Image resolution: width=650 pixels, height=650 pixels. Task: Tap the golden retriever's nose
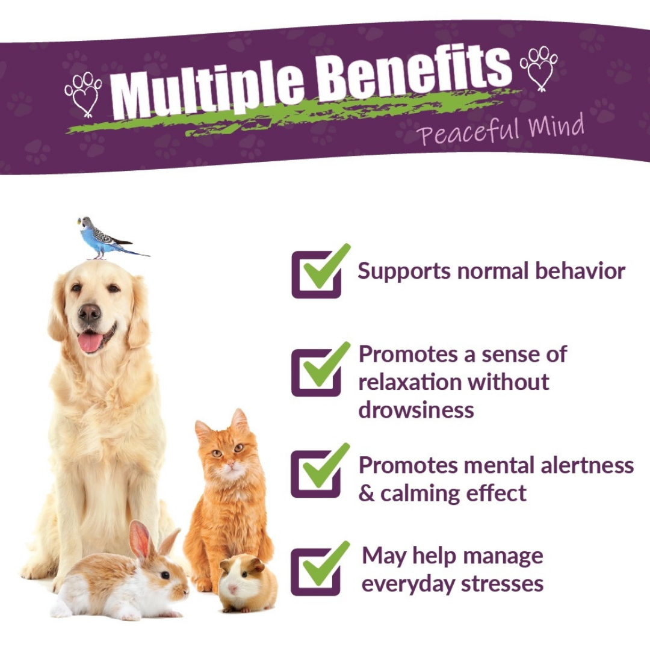pos(90,312)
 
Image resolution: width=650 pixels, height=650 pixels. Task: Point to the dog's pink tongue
pos(90,342)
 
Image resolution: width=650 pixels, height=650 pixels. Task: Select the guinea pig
pos(247,583)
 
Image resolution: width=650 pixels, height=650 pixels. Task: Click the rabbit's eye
pos(165,575)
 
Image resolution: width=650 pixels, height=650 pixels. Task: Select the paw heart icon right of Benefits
pos(539,69)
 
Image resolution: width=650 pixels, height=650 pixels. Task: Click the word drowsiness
pos(416,410)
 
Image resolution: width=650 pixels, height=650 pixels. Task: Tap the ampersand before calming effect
pos(367,494)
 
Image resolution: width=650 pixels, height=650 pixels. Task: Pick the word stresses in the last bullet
pos(502,584)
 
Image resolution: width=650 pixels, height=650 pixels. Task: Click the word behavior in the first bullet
pos(580,271)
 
